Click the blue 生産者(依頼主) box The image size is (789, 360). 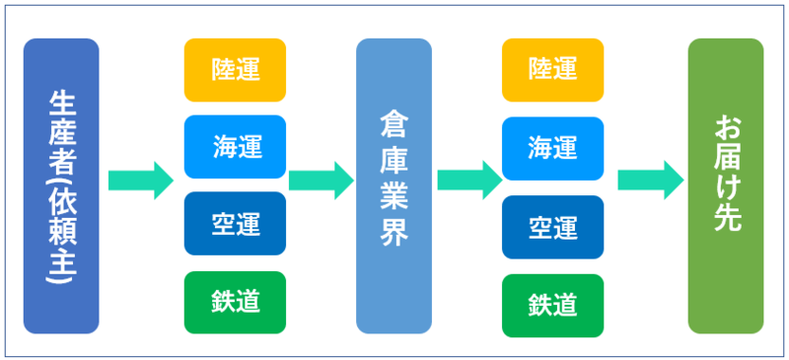(61, 185)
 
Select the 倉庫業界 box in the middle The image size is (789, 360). (394, 185)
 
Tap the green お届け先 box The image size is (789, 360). (726, 185)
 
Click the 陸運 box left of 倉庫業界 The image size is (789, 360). (235, 69)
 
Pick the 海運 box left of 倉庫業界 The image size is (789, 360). (235, 147)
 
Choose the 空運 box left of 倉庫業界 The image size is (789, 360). (235, 224)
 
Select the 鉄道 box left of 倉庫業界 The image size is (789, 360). (235, 302)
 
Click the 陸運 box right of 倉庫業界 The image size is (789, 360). (552, 69)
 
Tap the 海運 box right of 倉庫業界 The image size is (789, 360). (552, 147)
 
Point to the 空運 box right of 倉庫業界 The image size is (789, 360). (552, 224)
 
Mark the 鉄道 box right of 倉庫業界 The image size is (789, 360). (552, 302)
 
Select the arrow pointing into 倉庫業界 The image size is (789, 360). (322, 180)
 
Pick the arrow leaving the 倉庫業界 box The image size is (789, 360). (469, 180)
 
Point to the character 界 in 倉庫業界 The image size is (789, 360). (394, 237)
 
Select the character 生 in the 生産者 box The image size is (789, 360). (61, 103)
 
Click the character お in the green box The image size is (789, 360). (726, 129)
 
